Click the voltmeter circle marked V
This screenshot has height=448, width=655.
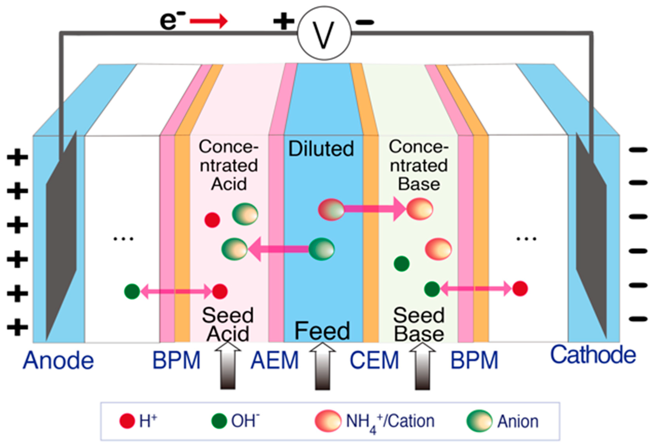point(324,33)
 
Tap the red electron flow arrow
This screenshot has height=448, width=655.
point(209,21)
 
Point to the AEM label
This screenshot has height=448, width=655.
point(275,361)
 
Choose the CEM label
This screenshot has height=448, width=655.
point(374,361)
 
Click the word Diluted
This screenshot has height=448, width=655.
point(321,149)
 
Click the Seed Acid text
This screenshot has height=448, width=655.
point(228,324)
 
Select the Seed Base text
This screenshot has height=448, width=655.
point(419,324)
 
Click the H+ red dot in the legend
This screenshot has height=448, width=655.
point(127,421)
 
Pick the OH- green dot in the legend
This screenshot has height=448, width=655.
point(219,421)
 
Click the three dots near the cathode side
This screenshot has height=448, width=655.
point(526,239)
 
